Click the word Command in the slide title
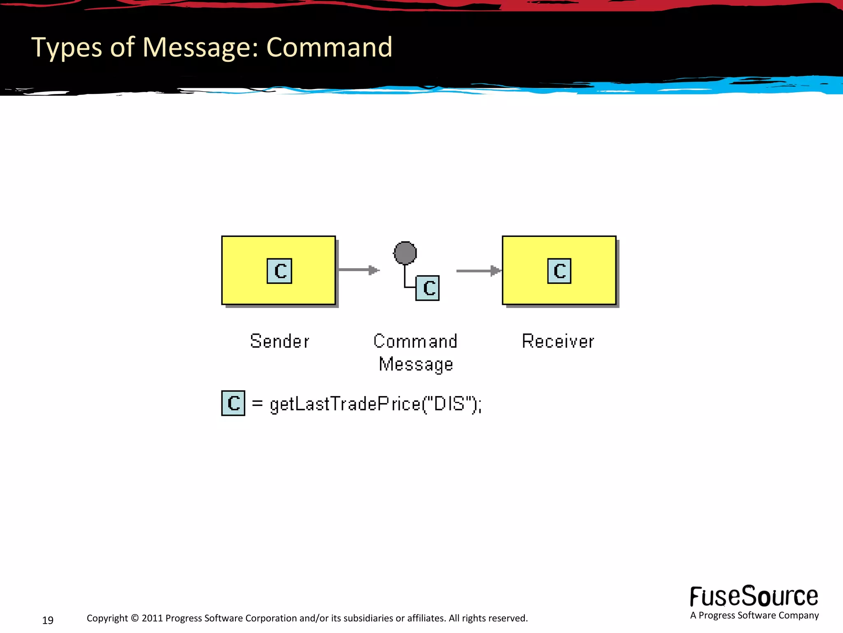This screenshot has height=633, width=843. [x=329, y=47]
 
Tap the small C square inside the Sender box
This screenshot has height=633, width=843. [x=279, y=271]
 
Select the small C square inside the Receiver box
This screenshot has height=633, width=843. [x=559, y=271]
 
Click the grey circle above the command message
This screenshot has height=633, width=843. [x=405, y=253]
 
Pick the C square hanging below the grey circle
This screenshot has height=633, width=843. [x=428, y=288]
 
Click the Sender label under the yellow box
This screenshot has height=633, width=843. [x=279, y=341]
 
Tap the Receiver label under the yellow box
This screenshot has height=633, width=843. [x=558, y=341]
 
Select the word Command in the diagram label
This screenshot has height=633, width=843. [x=415, y=341]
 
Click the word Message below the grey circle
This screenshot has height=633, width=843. [x=416, y=364]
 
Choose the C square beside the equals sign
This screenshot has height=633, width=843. [x=233, y=403]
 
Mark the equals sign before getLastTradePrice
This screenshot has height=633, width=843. [x=257, y=403]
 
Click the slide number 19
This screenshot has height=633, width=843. [x=48, y=620]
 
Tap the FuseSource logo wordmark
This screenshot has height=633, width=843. [x=754, y=596]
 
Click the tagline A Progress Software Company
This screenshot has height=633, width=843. [x=755, y=616]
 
